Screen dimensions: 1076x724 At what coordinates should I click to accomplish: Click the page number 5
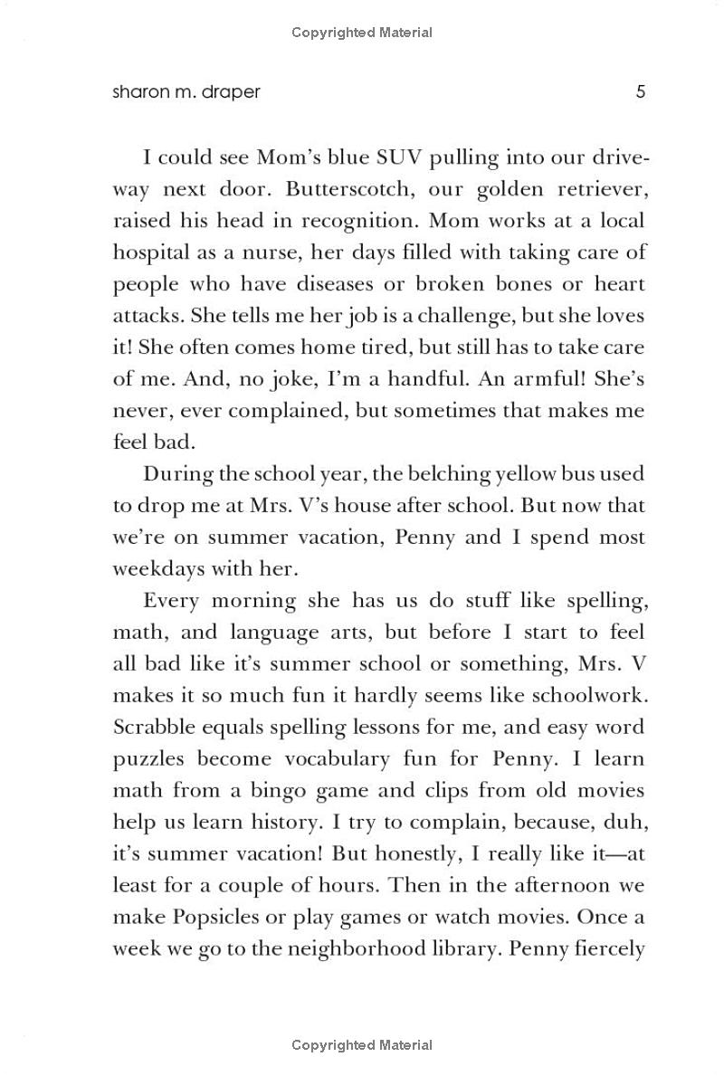pos(640,91)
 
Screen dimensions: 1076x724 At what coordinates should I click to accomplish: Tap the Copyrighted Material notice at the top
pos(362,33)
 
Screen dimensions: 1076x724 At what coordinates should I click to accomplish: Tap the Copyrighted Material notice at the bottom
pos(362,1045)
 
